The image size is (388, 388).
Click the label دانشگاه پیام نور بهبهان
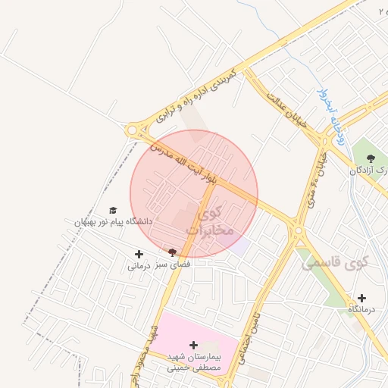(113, 222)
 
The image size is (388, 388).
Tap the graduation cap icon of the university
(113, 211)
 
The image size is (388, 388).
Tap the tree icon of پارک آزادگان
(370, 158)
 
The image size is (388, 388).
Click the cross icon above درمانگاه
(361, 298)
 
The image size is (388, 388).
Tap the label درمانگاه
(361, 310)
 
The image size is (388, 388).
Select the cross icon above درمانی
(139, 255)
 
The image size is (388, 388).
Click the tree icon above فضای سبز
(173, 252)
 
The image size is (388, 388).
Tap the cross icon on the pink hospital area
(194, 345)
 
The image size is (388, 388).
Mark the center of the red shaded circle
(194, 194)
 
